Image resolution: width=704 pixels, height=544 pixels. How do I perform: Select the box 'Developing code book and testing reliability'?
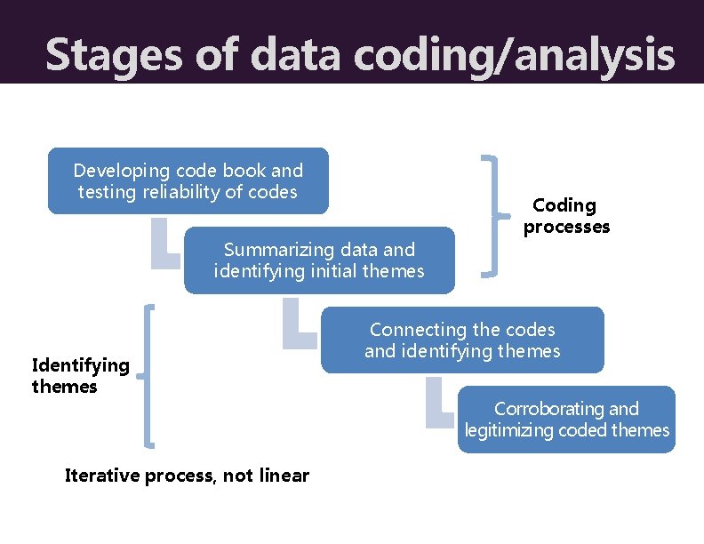pos(188,180)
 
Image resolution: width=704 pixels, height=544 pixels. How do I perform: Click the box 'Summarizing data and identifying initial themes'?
pos(319,260)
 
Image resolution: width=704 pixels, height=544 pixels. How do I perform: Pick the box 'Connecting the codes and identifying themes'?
pos(461,340)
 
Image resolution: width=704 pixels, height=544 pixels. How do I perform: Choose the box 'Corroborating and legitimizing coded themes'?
pos(566,420)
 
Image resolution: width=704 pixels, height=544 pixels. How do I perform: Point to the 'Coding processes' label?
pos(565,216)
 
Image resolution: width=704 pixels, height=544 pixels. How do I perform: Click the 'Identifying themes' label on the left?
pos(79,375)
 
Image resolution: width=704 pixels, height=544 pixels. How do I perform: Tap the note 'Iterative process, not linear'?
pos(187,475)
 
